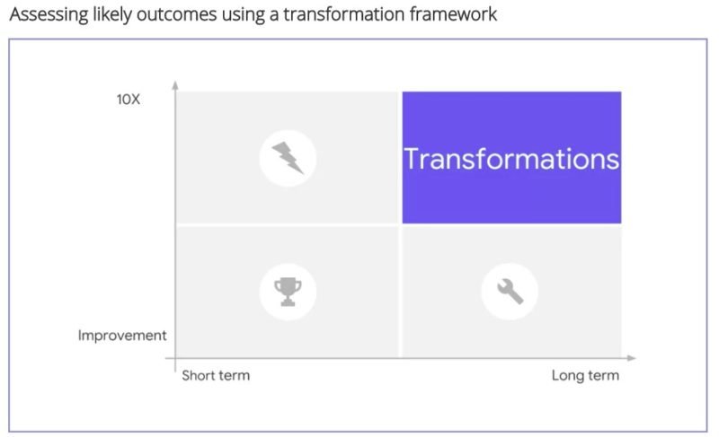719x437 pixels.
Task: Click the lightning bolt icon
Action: pos(288,158)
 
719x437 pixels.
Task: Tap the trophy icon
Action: pos(288,292)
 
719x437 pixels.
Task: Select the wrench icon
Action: pos(510,292)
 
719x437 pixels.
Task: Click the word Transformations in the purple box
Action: pos(511,159)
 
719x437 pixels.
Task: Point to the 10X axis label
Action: pos(129,100)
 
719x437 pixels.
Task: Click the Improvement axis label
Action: pos(122,336)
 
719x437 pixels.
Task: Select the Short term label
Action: pos(216,376)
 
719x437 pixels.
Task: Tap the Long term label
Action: pos(585,376)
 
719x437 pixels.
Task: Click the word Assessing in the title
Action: pos(49,14)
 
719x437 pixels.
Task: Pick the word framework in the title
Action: pos(453,14)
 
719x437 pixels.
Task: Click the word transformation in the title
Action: pos(344,14)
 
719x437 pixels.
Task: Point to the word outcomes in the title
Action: pos(176,14)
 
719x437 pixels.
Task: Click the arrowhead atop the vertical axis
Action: pos(175,84)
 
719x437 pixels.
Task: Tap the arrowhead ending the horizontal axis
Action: pos(632,358)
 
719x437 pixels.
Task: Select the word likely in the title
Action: pos(112,14)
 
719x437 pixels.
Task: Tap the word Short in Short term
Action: pos(199,376)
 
